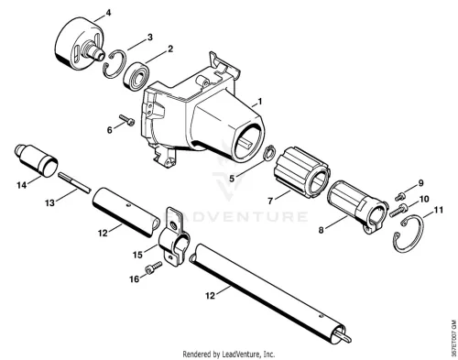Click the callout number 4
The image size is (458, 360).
point(108,13)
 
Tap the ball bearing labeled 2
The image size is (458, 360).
point(136,76)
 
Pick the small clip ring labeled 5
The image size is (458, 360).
point(269,153)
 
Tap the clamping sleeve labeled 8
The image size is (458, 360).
point(358,207)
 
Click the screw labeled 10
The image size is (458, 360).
point(399,211)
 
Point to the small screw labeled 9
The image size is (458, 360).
point(400,196)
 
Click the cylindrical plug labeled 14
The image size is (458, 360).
point(37,160)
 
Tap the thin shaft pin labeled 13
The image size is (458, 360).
point(75,182)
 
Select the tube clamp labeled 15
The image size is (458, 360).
point(173,236)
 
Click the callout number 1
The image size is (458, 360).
point(260,102)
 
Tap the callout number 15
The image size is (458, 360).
point(137,255)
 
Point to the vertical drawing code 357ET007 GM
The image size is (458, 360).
point(453,337)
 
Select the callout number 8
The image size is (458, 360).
point(321,230)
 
